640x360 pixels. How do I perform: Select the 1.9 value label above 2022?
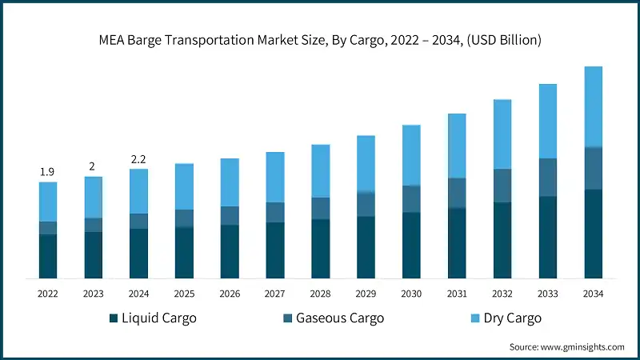pyautogui.click(x=48, y=171)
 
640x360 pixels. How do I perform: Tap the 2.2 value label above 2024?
pyautogui.click(x=138, y=158)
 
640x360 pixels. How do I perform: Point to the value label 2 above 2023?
pyautogui.click(x=93, y=166)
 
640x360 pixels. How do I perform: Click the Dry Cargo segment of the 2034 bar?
pyautogui.click(x=593, y=106)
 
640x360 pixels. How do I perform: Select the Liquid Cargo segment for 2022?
pyautogui.click(x=48, y=256)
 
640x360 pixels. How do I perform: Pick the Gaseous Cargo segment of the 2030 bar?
pyautogui.click(x=411, y=198)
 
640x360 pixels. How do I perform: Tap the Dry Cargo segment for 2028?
pyautogui.click(x=320, y=170)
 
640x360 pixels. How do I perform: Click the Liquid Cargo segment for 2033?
pyautogui.click(x=547, y=237)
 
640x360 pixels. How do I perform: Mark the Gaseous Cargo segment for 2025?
pyautogui.click(x=184, y=218)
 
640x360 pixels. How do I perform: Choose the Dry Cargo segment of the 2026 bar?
pyautogui.click(x=230, y=182)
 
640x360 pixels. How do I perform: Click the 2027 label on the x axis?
pyautogui.click(x=274, y=294)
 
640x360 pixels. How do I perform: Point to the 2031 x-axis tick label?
pyautogui.click(x=456, y=294)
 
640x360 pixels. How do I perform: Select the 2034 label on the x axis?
pyautogui.click(x=593, y=294)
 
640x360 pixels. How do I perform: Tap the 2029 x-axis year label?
pyautogui.click(x=366, y=294)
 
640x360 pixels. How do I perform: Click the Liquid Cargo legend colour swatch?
pyautogui.click(x=114, y=318)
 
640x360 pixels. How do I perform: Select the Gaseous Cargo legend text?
pyautogui.click(x=340, y=318)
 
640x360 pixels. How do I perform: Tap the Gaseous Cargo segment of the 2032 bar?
pyautogui.click(x=502, y=185)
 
